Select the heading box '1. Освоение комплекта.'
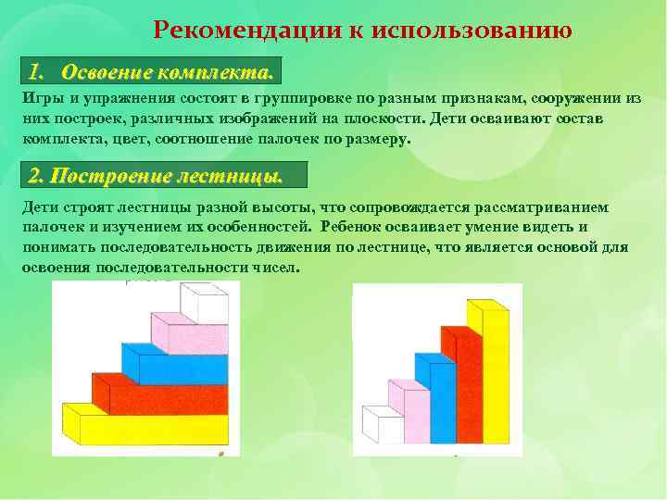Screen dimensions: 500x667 point(150,71)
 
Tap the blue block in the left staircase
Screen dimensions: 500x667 point(176,365)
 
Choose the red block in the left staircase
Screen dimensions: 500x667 point(159,396)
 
